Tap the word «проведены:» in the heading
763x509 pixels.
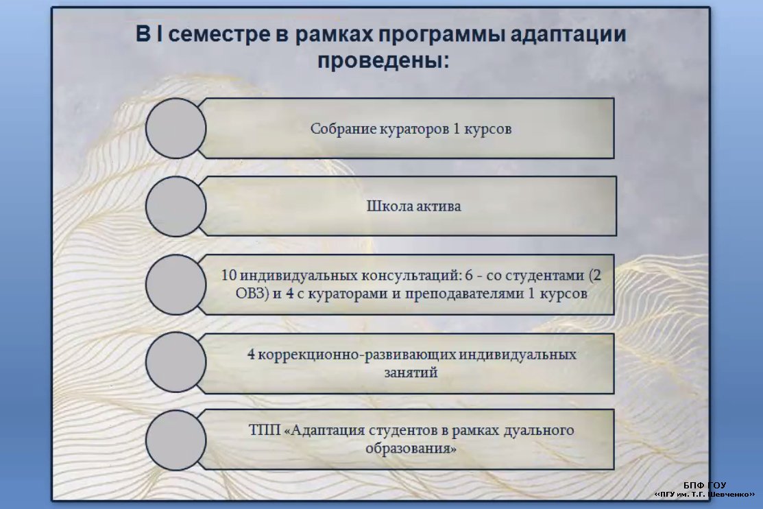point(383,61)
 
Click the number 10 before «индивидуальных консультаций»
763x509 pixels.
point(229,275)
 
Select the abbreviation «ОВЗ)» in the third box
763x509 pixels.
point(252,294)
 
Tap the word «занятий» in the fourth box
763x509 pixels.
point(411,372)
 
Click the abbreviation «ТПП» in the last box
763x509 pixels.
point(265,430)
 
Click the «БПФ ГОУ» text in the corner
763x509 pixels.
point(704,485)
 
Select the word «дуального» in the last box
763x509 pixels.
point(538,431)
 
